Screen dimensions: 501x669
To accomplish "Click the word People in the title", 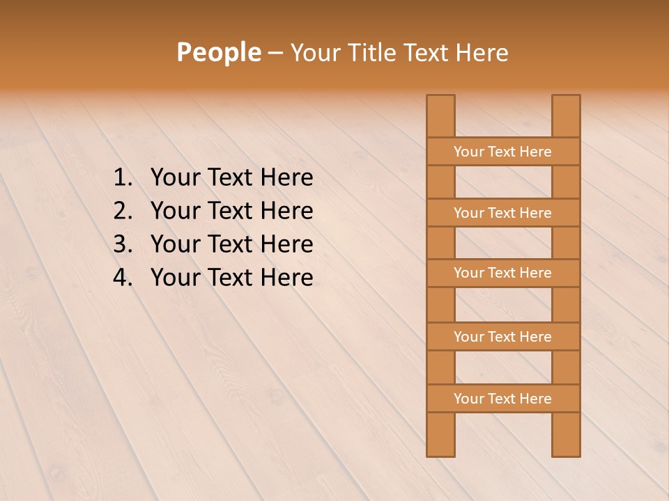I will click(x=218, y=52).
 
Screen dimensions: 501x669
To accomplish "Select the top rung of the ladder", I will click(x=502, y=152).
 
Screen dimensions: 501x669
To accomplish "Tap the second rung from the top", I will click(x=502, y=213).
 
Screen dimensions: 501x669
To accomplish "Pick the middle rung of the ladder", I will click(x=502, y=273).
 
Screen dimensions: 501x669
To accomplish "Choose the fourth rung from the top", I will click(x=502, y=337).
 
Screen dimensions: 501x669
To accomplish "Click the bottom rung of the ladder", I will click(x=502, y=399).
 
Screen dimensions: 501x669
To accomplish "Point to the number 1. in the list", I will click(x=123, y=178).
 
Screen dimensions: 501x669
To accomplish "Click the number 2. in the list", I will click(x=123, y=211).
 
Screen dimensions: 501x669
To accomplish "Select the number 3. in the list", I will click(x=123, y=244).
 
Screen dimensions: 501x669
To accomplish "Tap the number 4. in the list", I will click(x=123, y=278).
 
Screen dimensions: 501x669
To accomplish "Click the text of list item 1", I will click(x=231, y=178).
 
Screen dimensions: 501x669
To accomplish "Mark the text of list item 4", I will click(x=231, y=278).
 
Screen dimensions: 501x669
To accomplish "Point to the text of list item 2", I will click(x=231, y=211).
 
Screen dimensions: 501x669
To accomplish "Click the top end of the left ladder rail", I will click(x=440, y=101).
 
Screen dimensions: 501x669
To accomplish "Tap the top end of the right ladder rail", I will click(x=566, y=101).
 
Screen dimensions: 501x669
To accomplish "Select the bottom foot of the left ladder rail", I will click(x=440, y=449).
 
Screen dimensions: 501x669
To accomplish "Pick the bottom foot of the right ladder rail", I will click(x=566, y=449).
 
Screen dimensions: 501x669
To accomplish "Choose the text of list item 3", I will click(x=231, y=244).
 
